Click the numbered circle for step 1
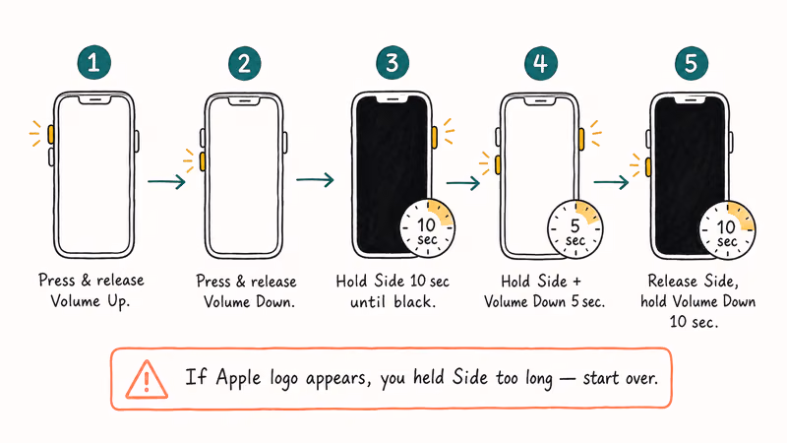(x=94, y=63)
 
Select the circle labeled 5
(x=691, y=63)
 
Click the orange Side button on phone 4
(x=582, y=138)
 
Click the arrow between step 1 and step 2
(x=166, y=181)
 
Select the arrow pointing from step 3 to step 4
(x=463, y=183)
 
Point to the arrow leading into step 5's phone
(x=611, y=182)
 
